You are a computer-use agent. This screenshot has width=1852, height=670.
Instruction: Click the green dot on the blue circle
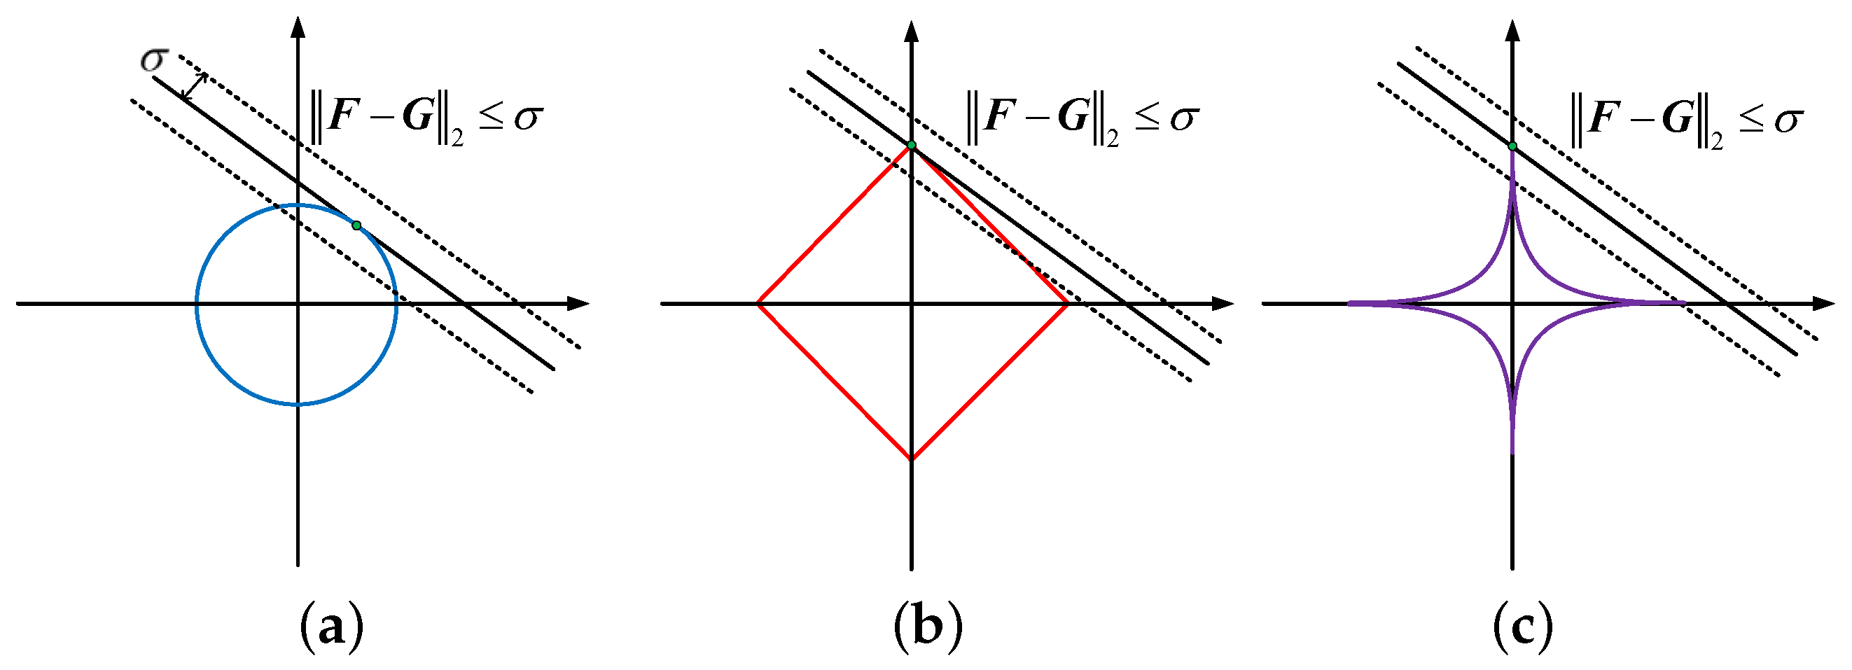tap(356, 225)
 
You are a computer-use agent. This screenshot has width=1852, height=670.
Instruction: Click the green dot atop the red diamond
tap(912, 146)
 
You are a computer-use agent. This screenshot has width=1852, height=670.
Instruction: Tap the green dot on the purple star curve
tap(1512, 146)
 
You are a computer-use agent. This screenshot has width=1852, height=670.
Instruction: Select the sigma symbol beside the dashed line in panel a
tap(154, 60)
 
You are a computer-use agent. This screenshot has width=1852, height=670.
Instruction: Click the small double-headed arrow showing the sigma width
tap(194, 86)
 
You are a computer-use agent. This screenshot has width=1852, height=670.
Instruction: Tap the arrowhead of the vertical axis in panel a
tap(298, 27)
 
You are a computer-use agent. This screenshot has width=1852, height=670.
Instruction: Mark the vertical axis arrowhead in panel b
tap(912, 32)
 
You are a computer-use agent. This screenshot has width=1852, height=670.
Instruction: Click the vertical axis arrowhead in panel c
tap(1512, 32)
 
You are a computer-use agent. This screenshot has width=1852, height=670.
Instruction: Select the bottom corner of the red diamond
tap(912, 459)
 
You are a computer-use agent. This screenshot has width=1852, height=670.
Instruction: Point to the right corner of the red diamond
tap(1067, 303)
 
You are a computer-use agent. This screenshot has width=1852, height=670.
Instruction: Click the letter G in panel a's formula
tap(418, 116)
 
